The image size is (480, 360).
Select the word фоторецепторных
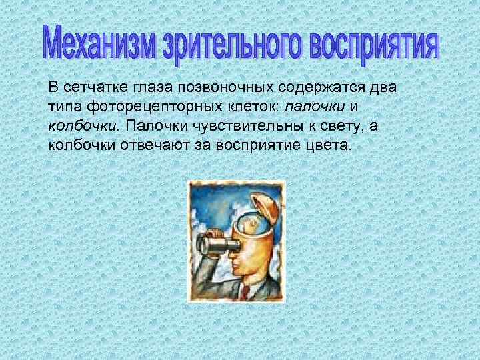pyautogui.click(x=136, y=107)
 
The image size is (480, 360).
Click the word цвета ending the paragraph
pyautogui.click(x=331, y=144)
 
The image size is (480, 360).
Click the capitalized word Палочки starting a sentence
pyautogui.click(x=148, y=125)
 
